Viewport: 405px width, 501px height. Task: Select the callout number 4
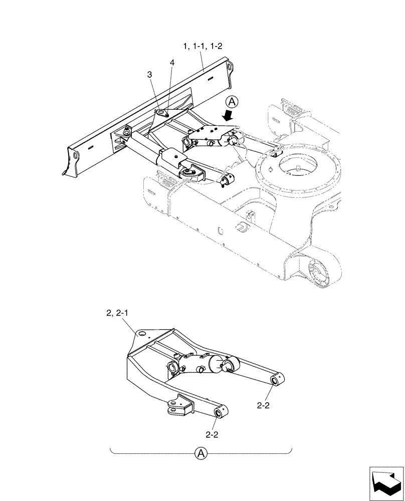[x=172, y=63]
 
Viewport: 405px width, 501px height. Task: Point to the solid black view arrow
[x=228, y=115]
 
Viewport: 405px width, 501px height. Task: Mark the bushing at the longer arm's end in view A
[x=275, y=382]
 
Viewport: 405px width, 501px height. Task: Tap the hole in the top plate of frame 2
[x=142, y=334]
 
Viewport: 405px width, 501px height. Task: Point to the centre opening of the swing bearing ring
[x=298, y=170]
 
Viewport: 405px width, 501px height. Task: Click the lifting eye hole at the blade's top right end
[x=230, y=67]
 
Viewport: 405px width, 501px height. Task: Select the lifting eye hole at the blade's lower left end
[x=75, y=156]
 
